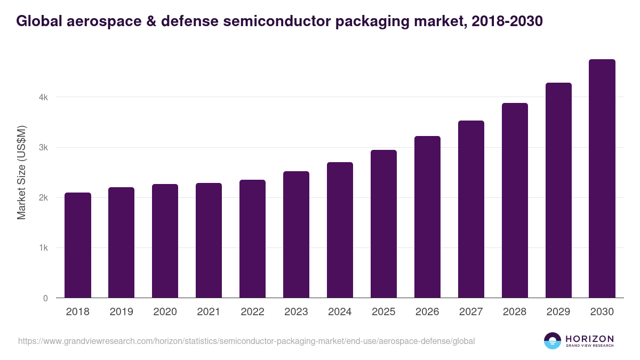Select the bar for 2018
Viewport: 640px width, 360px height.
click(x=78, y=245)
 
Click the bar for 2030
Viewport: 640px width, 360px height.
click(x=602, y=179)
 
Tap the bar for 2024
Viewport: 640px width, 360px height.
click(x=340, y=230)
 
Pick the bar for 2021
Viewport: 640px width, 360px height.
click(x=209, y=241)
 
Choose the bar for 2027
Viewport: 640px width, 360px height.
click(x=471, y=209)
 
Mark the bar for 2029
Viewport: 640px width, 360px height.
click(x=558, y=190)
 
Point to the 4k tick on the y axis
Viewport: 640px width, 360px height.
click(x=43, y=98)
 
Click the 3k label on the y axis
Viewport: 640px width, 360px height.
click(x=43, y=148)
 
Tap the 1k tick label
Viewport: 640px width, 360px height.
click(x=43, y=248)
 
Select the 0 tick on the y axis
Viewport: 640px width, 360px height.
click(x=45, y=298)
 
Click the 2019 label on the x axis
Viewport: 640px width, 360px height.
click(x=122, y=312)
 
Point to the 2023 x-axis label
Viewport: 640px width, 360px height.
click(x=296, y=312)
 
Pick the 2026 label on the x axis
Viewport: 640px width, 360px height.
click(x=427, y=312)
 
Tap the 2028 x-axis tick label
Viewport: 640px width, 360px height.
click(x=515, y=312)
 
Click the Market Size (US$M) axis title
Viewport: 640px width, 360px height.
click(x=21, y=172)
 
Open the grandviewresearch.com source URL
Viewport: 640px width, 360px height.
click(x=246, y=341)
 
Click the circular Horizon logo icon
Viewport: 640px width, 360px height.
click(x=553, y=341)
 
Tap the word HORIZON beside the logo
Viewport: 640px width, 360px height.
click(x=589, y=339)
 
